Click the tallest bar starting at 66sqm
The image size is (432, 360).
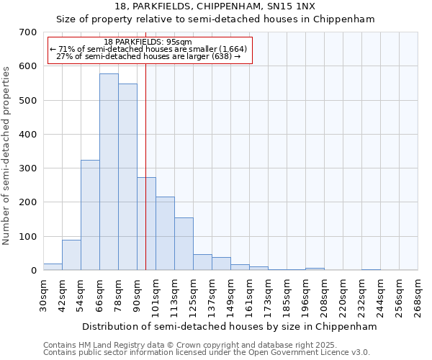point(109,172)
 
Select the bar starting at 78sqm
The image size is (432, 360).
point(127,177)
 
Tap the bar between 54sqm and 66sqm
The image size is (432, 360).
point(90,215)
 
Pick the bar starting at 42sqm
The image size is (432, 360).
point(71,255)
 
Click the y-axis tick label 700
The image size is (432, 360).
point(27,32)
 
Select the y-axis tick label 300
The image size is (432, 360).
point(27,168)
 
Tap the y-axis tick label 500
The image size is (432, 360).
point(27,101)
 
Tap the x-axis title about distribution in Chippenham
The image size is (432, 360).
point(230,326)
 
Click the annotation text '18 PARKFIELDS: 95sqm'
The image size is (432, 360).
point(148,42)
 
